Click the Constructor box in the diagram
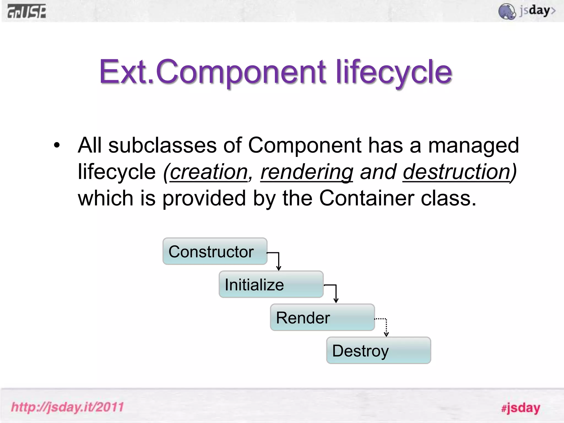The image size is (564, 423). tap(215, 251)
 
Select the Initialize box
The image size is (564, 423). tap(271, 284)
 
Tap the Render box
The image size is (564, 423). tap(322, 318)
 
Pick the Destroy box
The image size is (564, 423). tap(378, 351)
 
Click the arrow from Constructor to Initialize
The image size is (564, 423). tap(278, 260)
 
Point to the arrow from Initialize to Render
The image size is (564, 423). tap(335, 293)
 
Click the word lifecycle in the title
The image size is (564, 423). tap(394, 72)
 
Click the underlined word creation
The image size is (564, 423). tap(209, 172)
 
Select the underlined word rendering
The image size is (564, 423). tap(307, 172)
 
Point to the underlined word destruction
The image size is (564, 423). tap(457, 172)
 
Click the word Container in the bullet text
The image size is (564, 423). tap(367, 198)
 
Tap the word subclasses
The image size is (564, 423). tap(162, 145)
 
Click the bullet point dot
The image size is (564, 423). tap(57, 145)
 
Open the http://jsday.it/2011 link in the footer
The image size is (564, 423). tap(67, 407)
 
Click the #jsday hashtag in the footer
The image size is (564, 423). tap(520, 408)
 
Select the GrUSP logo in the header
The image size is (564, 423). tap(27, 12)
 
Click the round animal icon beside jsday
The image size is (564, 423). tap(507, 12)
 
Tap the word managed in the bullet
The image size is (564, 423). tap(473, 145)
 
